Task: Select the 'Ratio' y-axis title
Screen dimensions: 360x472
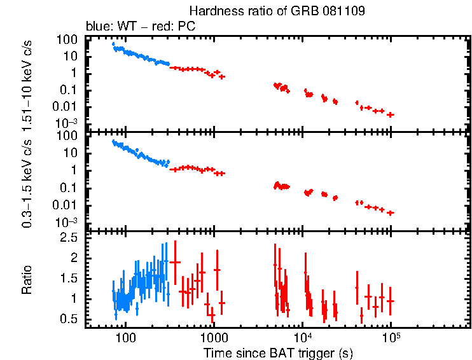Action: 28,280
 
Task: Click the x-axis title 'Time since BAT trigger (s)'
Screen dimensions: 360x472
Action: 278,352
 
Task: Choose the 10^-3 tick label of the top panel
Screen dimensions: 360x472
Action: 67,122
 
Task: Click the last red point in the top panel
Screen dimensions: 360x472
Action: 391,114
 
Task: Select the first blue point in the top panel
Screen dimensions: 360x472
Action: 113,44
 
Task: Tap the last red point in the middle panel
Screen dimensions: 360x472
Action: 391,212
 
